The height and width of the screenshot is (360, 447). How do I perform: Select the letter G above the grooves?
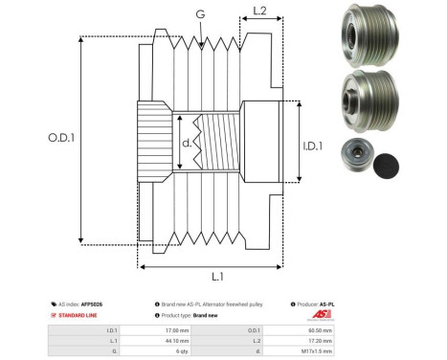[199, 13]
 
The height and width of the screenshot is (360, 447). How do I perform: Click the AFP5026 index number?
[92, 304]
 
